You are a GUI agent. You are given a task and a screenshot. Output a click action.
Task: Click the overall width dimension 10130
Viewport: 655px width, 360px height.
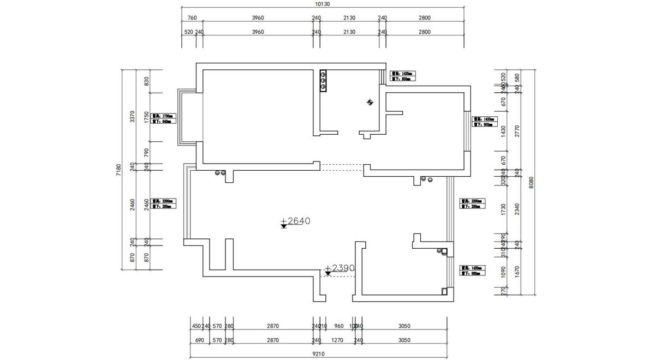coord(323,4)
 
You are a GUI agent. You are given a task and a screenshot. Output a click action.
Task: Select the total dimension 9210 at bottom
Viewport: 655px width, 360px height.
coord(319,353)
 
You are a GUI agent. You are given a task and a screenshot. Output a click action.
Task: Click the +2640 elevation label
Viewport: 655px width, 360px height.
coord(298,221)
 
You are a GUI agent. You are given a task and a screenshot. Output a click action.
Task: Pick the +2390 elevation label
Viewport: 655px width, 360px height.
coord(340,268)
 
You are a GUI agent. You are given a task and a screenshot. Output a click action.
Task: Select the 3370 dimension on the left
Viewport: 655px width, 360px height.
coord(132,117)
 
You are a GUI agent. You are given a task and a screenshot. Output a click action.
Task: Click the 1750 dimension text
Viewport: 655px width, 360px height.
coord(146,117)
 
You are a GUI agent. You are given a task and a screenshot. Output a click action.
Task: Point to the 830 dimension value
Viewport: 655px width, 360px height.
coord(146,81)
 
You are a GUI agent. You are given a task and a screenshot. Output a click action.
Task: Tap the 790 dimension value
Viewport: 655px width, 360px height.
coord(146,152)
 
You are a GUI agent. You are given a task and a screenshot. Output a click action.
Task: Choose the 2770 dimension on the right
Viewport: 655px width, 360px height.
coord(517,131)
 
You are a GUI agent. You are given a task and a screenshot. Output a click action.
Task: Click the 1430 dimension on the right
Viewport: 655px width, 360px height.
coord(503,131)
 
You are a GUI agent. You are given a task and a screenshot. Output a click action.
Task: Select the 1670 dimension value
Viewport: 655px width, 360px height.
coord(517,271)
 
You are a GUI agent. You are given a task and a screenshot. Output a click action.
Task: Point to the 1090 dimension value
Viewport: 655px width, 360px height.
coord(503,271)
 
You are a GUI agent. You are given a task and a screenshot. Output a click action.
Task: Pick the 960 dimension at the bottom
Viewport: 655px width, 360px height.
coord(338,326)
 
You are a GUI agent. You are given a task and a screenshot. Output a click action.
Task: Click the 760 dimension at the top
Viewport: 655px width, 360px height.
coord(192,18)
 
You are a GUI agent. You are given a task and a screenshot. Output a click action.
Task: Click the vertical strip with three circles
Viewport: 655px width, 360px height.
coord(323,81)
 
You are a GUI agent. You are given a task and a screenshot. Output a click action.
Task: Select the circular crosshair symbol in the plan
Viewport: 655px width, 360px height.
coord(370,102)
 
